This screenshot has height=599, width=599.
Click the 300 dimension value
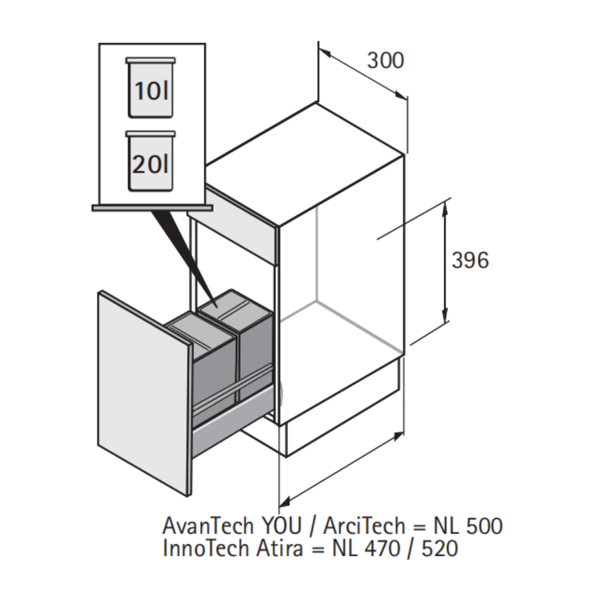point(385,60)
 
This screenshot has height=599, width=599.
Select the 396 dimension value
point(470,260)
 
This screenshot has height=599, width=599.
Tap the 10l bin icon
point(150,87)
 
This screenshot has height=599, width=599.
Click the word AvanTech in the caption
point(208,525)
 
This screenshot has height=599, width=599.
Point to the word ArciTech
point(364,525)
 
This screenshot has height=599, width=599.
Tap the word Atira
point(280,548)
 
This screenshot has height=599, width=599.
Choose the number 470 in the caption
point(382,549)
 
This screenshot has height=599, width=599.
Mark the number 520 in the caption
point(440,549)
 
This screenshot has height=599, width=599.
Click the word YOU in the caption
point(281,525)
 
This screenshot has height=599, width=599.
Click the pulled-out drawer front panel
point(144,394)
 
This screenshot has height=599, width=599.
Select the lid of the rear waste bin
point(235,304)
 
